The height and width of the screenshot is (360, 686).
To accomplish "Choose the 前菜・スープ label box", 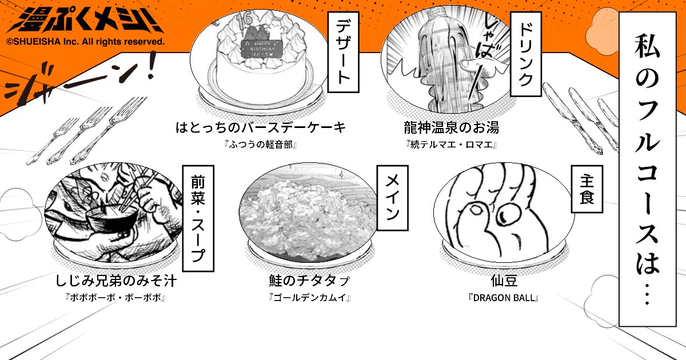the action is coord(198,217).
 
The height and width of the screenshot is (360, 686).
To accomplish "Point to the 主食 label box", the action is coord(586,190).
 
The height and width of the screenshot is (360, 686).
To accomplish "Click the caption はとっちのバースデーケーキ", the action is coord(261,127).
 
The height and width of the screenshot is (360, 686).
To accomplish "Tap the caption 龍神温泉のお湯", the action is coord(451,127).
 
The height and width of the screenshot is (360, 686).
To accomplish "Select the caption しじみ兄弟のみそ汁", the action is coord(116,281).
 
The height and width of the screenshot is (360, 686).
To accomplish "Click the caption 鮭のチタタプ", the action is coord(309,281).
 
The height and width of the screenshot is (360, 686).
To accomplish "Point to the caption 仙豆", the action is coord(503,281).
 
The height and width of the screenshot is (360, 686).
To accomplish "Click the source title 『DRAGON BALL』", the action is coord(503,298).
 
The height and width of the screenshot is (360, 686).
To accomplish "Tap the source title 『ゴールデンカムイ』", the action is coord(309,298).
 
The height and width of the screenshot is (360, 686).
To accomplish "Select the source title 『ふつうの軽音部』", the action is coord(261,144).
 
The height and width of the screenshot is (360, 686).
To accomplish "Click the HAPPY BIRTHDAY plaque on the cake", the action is coord(264,48).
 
